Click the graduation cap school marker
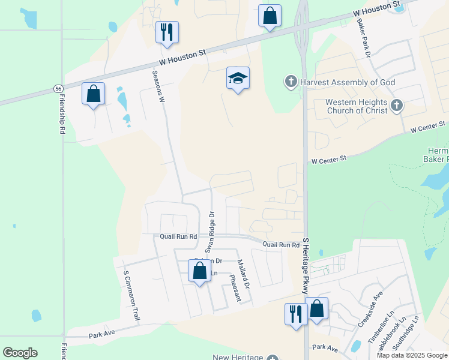pos(238,78)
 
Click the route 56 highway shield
pos(58,88)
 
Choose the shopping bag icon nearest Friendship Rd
pos(93,94)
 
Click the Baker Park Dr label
pos(363,37)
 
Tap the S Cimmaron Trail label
pos(131,295)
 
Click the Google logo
pos(20,353)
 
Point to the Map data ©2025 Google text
pos(411,355)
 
